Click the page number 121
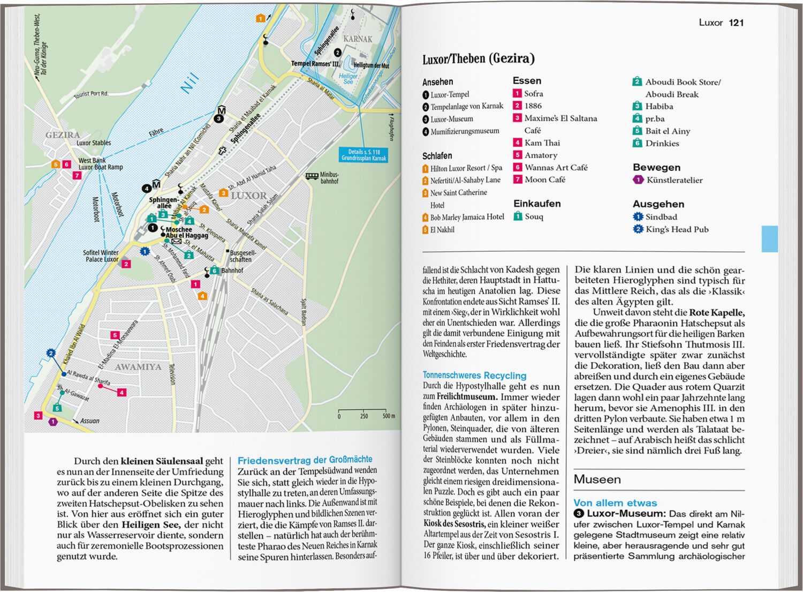coord(736,23)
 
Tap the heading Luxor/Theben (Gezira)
coord(478,58)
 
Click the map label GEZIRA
coord(63,135)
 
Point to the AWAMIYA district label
coord(138,367)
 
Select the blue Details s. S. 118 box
coord(363,155)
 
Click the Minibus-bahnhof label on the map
coord(329,178)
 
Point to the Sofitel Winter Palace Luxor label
coord(101,256)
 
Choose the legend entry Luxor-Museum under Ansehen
coord(451,119)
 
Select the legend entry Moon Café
coord(544,179)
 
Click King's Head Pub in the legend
coord(677,229)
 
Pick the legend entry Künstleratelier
coord(674,180)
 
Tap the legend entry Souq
coord(534,216)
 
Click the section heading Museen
coord(597,479)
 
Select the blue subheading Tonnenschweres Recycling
coord(474,376)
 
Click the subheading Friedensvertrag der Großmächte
coord(305,460)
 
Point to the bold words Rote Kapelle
coord(716,312)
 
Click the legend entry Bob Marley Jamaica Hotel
coord(467,217)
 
